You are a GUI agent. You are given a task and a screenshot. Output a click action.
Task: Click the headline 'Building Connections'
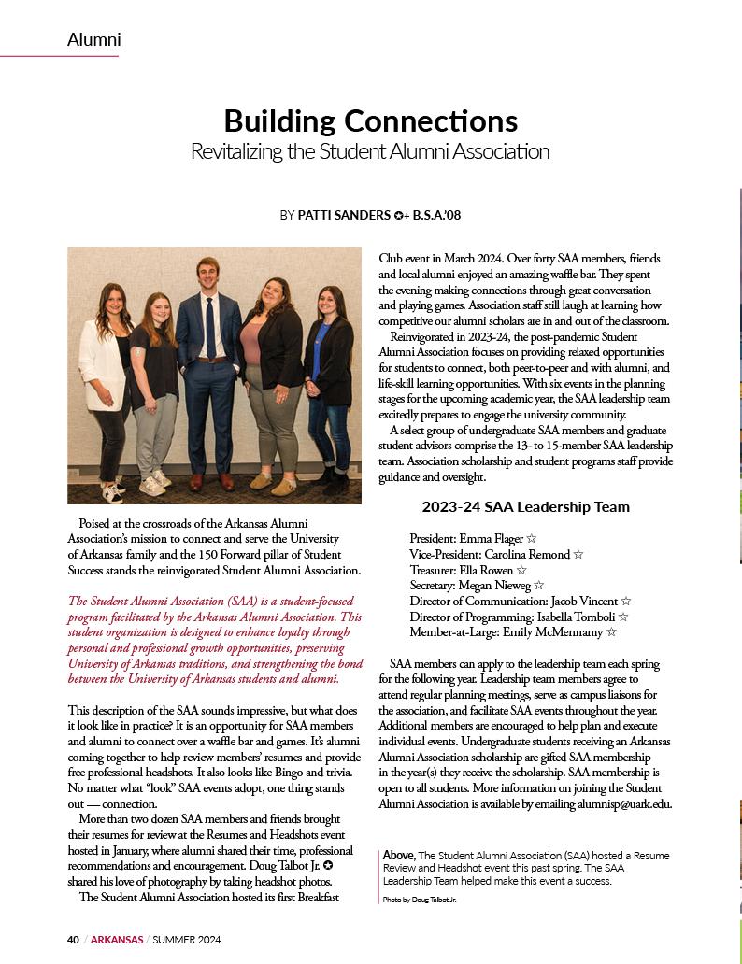tap(370, 120)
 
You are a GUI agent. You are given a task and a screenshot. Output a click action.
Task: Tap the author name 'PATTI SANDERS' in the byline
tap(343, 215)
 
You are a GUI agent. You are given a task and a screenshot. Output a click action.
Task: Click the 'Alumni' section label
tap(93, 39)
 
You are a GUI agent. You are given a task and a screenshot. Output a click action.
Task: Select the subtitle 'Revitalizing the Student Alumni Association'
tap(370, 151)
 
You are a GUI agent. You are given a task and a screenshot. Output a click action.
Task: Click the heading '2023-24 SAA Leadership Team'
tap(525, 507)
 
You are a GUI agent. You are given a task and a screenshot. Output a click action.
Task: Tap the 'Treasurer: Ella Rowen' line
tap(467, 569)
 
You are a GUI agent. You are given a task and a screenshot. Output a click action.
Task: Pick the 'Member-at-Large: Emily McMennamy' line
tap(513, 631)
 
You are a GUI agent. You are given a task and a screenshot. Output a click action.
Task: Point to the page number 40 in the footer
tap(73, 939)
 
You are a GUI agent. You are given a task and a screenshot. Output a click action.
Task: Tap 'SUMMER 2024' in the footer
tap(187, 939)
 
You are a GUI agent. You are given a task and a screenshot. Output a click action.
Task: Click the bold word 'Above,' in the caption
tap(399, 855)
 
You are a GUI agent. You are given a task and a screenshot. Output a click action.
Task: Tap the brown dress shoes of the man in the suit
tap(210, 481)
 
